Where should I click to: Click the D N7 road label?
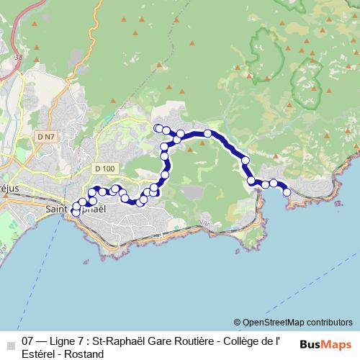45,135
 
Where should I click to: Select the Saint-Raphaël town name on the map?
76,210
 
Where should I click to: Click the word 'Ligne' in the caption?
63,342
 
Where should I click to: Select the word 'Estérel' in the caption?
39,354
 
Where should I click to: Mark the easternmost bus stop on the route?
287,192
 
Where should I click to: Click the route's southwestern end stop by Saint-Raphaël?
76,212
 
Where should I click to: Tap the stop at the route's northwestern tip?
158,128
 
